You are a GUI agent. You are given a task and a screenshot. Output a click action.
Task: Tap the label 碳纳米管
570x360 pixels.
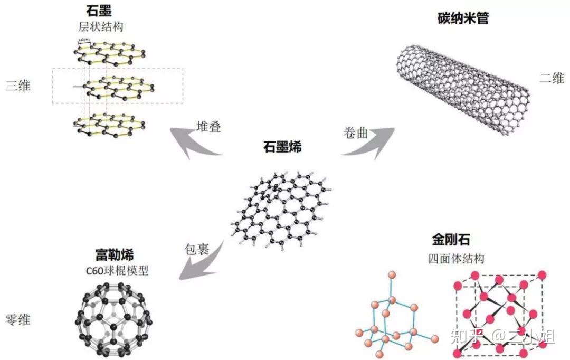(463, 19)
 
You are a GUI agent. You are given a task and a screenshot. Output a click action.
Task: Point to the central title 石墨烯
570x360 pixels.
(283, 147)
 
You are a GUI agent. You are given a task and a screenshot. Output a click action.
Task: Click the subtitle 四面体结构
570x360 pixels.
(457, 259)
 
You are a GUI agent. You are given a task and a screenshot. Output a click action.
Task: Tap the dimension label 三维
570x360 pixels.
(17, 85)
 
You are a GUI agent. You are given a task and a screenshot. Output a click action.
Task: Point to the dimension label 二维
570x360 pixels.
(552, 79)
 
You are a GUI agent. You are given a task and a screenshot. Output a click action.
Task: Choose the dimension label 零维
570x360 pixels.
(17, 319)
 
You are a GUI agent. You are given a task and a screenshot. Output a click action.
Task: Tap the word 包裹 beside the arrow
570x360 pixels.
(197, 248)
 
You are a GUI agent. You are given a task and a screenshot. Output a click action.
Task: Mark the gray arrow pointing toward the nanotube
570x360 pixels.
(369, 144)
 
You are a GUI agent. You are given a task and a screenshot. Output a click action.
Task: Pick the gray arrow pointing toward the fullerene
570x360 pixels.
(201, 264)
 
